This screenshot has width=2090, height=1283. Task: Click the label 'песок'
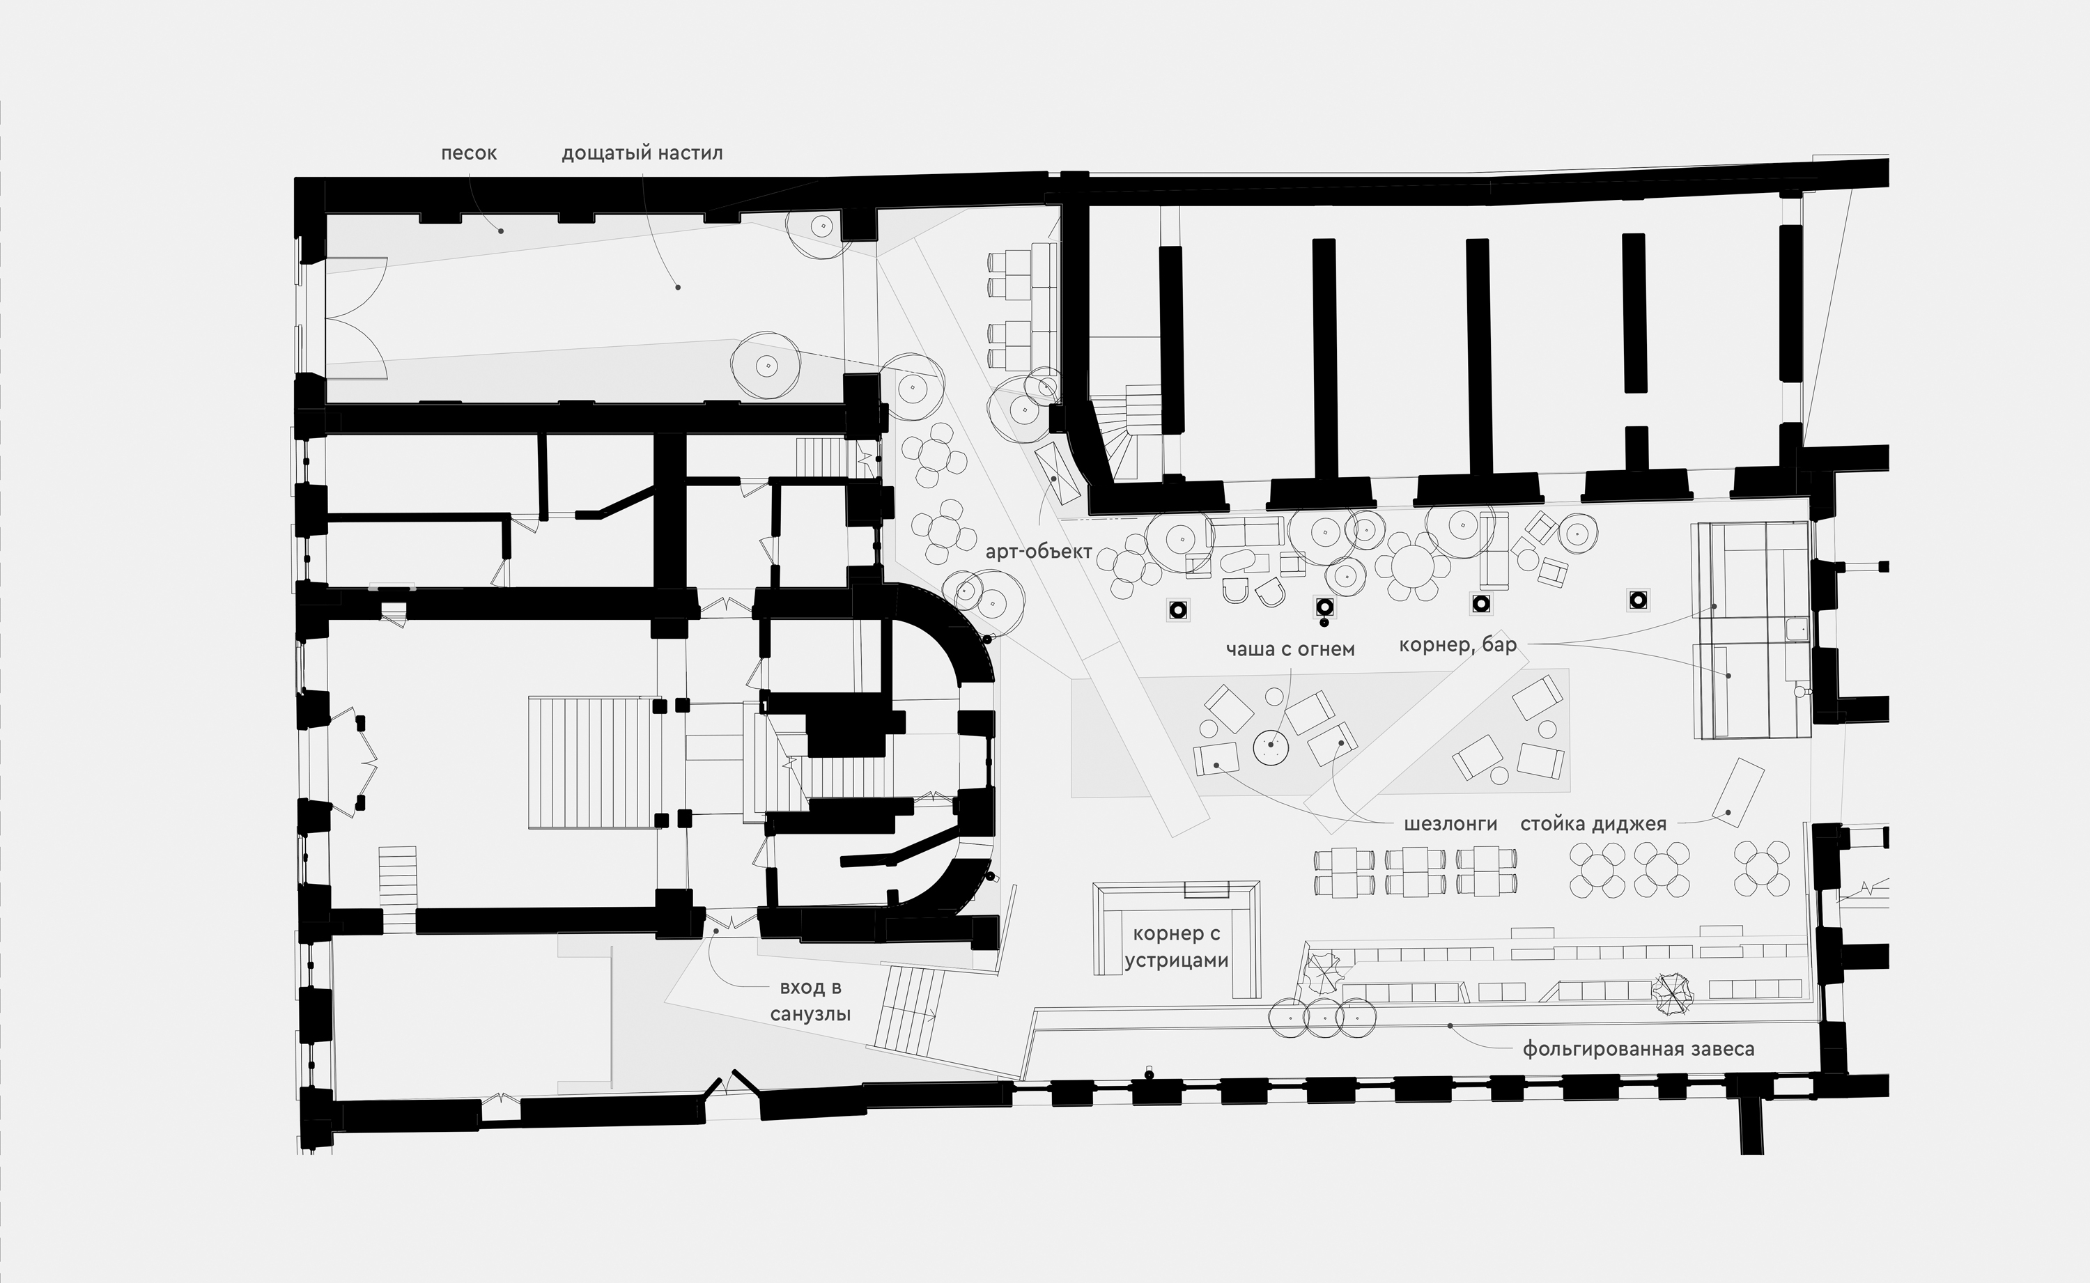click(468, 154)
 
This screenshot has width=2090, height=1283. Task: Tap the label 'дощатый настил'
click(642, 154)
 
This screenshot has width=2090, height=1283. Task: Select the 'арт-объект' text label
click(1039, 552)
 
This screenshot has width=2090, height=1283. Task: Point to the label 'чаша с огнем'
click(1290, 650)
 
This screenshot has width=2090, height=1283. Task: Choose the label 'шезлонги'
click(1450, 824)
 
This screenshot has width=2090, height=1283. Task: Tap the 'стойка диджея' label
click(1593, 824)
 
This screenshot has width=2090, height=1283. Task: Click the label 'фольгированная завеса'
click(1639, 1050)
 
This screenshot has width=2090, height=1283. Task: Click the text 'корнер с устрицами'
click(1177, 948)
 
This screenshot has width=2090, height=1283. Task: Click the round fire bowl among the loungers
click(1271, 747)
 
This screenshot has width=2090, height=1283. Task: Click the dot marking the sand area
click(501, 231)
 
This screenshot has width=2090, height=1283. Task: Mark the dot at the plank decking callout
click(678, 288)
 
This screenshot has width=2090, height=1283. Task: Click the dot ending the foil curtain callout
click(1450, 1026)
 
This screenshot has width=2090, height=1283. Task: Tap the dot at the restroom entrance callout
click(716, 931)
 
